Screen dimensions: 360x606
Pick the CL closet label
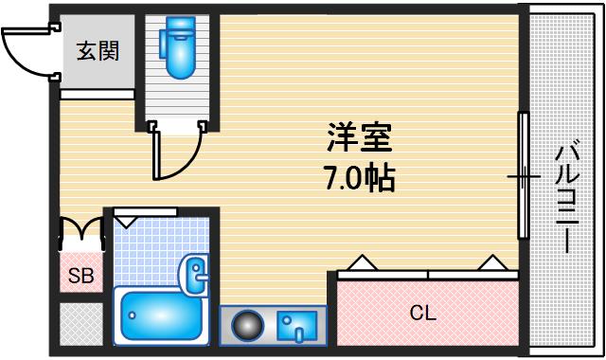(422, 311)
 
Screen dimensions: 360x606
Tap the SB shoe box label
(80, 277)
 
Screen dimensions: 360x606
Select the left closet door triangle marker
(361, 262)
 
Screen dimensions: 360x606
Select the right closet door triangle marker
(490, 262)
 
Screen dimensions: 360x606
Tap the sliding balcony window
(522, 176)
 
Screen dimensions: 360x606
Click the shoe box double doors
(81, 233)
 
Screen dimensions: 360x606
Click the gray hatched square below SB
(80, 325)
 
